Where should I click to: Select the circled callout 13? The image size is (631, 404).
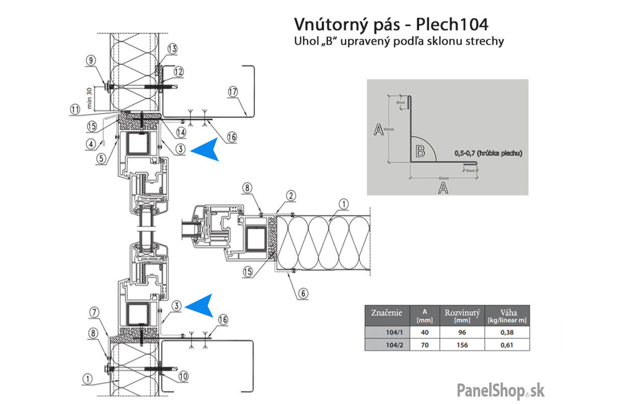pos(172,48)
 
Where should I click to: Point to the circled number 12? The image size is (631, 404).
pos(178,71)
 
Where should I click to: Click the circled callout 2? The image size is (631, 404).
pos(290,195)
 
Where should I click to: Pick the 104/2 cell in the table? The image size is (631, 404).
pos(386,344)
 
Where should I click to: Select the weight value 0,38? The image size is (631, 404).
pos(507,332)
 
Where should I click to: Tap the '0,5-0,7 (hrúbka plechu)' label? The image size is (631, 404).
pos(488,153)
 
